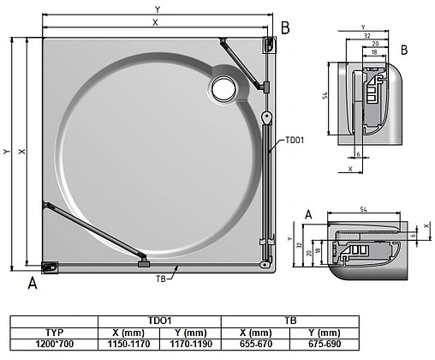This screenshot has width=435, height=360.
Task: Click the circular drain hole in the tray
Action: (223, 86)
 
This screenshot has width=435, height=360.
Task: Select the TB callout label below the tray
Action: (161, 279)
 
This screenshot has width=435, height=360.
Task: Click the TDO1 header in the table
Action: (161, 319)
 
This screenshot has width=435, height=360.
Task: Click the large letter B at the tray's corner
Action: (287, 27)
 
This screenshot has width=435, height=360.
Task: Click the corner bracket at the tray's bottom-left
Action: (51, 267)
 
